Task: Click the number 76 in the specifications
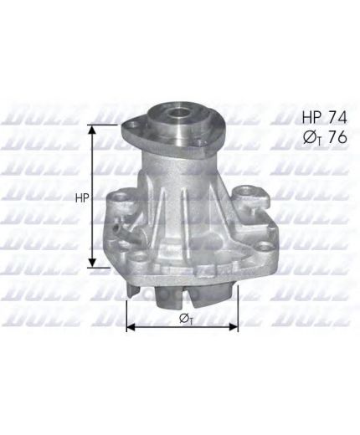337,137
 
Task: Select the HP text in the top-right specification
311,117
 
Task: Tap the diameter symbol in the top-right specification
310,137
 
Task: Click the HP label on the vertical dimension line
82,197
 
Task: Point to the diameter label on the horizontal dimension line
186,319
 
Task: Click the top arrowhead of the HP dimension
92,130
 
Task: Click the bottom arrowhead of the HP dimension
92,263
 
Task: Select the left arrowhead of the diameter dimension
131,327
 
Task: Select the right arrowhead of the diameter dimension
234,327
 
